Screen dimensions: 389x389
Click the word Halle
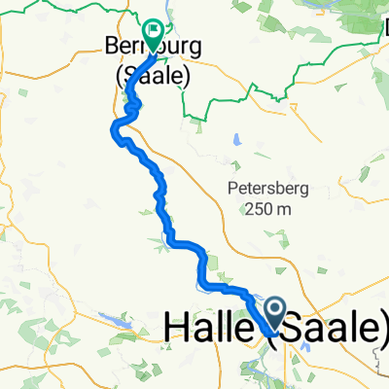pos(208,330)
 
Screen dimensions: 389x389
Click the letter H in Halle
pos(181,330)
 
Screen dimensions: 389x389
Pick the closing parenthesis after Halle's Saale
pos(383,330)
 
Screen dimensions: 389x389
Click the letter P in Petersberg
pos(232,188)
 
